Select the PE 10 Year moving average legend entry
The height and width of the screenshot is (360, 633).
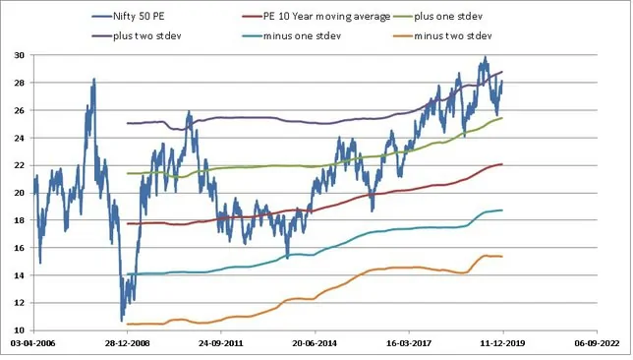319,17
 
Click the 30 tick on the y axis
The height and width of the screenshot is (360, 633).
20,55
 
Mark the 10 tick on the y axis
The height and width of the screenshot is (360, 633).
20,330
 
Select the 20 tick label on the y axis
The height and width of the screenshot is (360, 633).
20,193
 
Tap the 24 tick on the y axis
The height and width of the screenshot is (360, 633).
20,138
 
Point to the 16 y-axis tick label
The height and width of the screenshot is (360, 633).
20,248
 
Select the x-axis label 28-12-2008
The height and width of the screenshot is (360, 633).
128,346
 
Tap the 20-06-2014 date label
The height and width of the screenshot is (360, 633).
316,346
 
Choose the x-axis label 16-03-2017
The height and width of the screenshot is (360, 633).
409,346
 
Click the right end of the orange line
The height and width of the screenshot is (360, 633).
503,257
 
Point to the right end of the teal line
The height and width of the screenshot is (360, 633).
503,210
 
